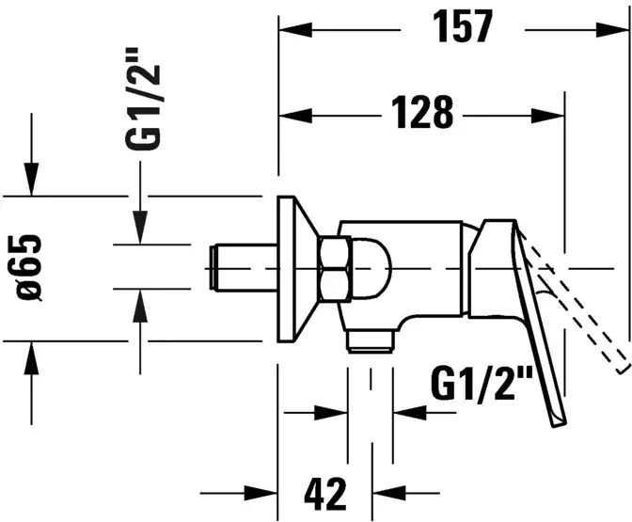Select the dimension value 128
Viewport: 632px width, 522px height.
pos(419,116)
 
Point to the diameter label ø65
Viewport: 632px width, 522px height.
pos(29,267)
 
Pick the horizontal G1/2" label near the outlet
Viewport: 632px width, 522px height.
pos(482,384)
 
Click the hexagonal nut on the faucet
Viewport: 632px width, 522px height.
pos(335,268)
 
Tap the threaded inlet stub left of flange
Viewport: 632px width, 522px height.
pos(240,267)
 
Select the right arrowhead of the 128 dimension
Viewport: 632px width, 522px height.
pos(550,116)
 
